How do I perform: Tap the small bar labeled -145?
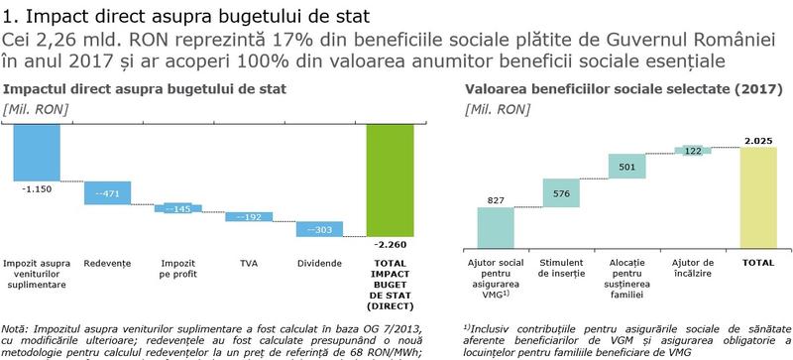point(178,208)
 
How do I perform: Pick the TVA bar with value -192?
point(249,216)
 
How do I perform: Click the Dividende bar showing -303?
point(319,229)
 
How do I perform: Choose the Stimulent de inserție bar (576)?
point(562,192)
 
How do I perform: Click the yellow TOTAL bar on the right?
point(759,196)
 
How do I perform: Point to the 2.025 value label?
point(757,140)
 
